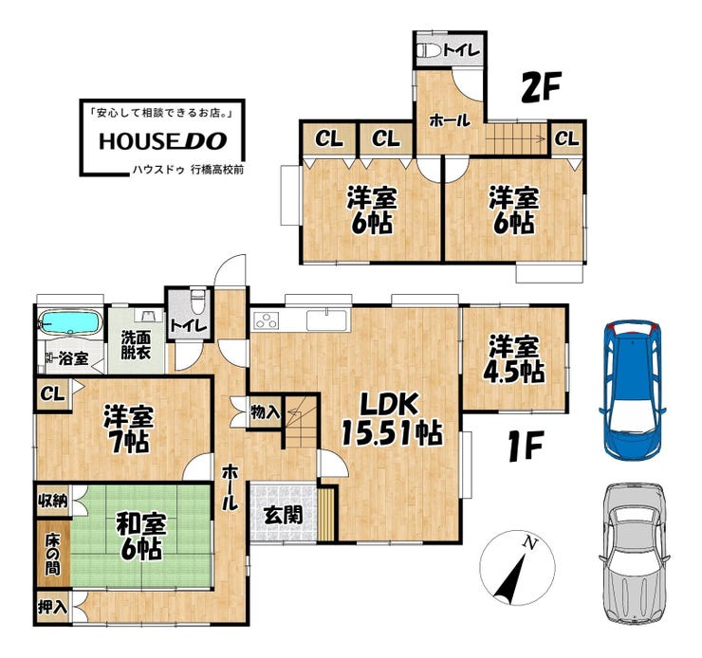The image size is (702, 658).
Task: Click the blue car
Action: (632, 389)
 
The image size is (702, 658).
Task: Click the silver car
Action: (634, 554)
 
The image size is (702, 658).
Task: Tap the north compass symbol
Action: (517, 568)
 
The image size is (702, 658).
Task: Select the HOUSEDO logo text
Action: (163, 141)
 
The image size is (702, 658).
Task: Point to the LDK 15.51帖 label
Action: (392, 419)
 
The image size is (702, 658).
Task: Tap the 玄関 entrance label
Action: (283, 515)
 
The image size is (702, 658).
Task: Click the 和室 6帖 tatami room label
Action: (141, 536)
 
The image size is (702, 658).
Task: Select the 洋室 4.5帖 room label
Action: (514, 358)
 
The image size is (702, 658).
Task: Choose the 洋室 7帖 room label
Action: (128, 429)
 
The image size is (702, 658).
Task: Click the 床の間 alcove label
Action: (52, 555)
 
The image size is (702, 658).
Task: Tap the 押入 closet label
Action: (52, 607)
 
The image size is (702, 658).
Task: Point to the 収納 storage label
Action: (52, 500)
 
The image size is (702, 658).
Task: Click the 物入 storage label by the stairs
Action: (265, 412)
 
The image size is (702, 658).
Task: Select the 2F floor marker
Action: (541, 87)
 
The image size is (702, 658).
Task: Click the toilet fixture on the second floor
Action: (429, 50)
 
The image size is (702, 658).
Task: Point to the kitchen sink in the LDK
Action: (328, 320)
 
